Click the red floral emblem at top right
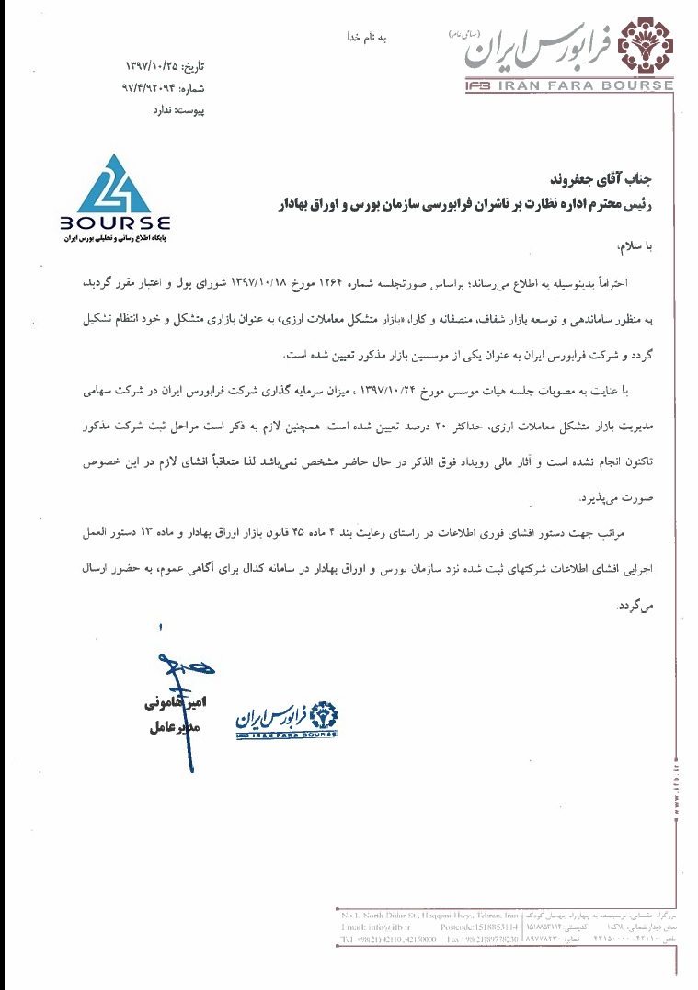647,47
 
